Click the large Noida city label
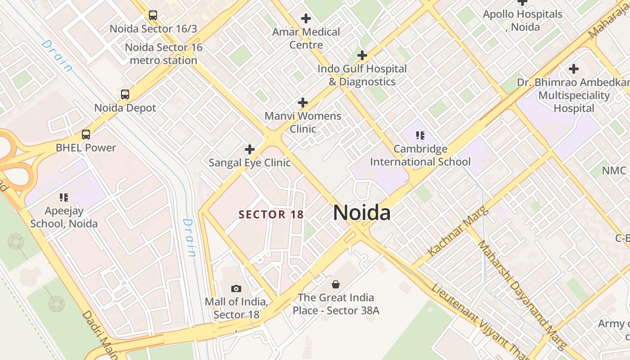tap(361, 212)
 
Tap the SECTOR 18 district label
tap(271, 215)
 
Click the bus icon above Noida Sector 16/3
tap(153, 15)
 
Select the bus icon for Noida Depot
tap(125, 94)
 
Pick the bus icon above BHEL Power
tap(85, 134)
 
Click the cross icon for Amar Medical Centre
tap(306, 18)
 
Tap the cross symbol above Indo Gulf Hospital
tap(362, 55)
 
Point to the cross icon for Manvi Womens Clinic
tap(303, 103)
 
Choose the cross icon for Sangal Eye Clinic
tap(249, 149)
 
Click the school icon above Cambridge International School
tap(420, 135)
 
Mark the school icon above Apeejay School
tap(63, 197)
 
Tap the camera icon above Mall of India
tap(236, 288)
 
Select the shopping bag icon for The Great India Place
tap(336, 284)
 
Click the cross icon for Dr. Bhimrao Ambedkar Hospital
tap(573, 69)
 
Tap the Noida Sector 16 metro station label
tap(164, 54)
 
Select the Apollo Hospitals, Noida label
tap(522, 20)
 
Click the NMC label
tap(614, 171)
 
